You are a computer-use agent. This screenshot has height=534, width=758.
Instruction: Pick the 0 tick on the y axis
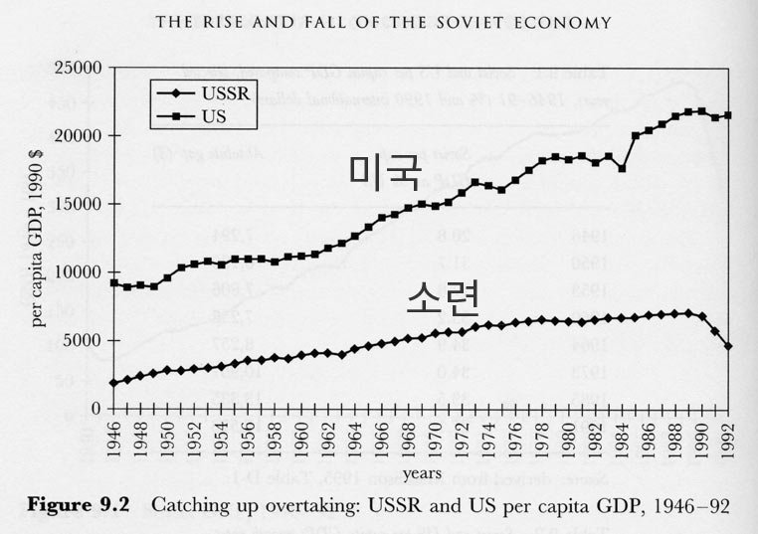point(97,409)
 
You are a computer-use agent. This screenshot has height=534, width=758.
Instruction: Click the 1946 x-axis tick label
point(114,437)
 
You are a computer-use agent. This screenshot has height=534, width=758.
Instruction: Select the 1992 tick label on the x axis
point(729,437)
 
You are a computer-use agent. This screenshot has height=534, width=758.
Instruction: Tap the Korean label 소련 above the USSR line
point(444,294)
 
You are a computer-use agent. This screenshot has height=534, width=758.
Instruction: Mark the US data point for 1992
point(728,115)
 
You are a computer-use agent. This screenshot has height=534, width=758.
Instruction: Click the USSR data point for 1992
point(728,346)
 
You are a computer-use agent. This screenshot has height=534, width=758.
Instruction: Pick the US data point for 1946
point(114,283)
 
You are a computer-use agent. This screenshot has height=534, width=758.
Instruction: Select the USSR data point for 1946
point(114,383)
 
